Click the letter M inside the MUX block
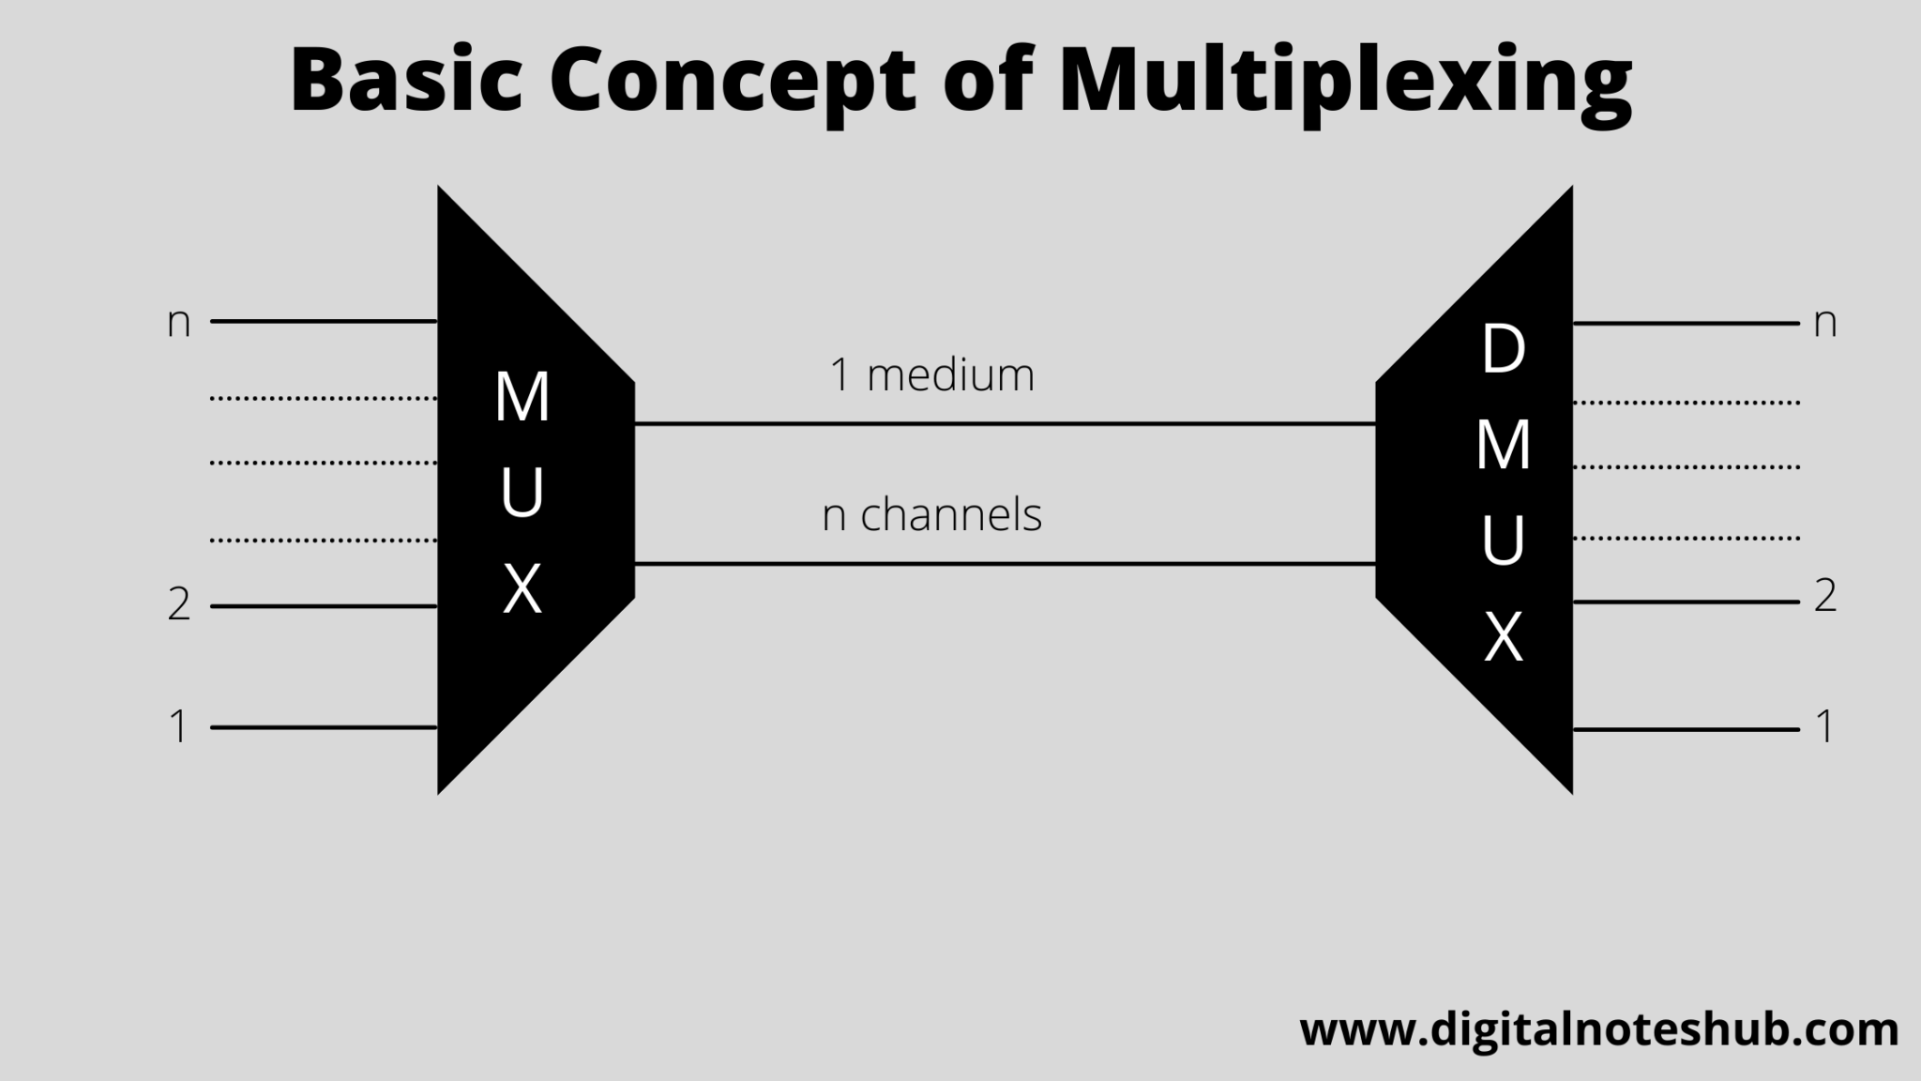click(x=522, y=397)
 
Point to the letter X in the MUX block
click(x=522, y=589)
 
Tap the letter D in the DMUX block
click(x=1503, y=350)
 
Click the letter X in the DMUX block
click(x=1503, y=638)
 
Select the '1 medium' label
click(x=931, y=375)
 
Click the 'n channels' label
click(x=931, y=514)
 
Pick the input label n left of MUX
click(x=178, y=323)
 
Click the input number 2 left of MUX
click(x=179, y=605)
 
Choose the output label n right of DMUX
click(x=1824, y=323)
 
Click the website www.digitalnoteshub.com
click(x=1599, y=1030)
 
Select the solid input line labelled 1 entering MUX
click(x=324, y=727)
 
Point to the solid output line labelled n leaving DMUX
click(x=1686, y=324)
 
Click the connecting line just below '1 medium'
click(x=1005, y=424)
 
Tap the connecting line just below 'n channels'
click(x=1005, y=564)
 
